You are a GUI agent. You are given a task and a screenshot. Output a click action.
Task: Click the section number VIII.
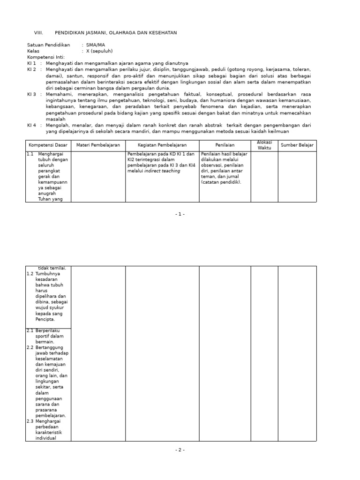tap(38, 33)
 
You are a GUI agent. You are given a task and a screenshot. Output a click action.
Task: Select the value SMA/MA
tap(96, 45)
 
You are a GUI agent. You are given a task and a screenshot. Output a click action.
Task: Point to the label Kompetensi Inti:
tap(46, 57)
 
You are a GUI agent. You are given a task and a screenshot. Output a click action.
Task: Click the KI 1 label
tap(32, 63)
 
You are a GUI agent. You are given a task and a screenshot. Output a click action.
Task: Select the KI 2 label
tap(32, 69)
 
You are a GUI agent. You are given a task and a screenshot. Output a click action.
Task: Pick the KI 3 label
tap(32, 94)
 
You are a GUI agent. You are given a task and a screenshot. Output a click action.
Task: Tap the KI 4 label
tap(32, 125)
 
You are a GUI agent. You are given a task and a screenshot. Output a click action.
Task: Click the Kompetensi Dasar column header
tap(48, 145)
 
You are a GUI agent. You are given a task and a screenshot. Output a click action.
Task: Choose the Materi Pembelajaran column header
tap(98, 145)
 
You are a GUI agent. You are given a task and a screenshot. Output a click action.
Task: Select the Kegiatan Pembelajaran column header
tap(162, 145)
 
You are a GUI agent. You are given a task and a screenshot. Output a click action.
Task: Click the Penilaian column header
tap(225, 145)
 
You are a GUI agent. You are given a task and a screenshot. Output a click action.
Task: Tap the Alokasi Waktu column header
tap(264, 145)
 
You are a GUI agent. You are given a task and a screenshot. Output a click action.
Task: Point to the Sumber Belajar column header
tap(297, 145)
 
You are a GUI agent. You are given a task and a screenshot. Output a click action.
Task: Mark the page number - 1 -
tap(180, 214)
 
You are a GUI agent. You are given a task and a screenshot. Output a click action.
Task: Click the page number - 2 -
tap(180, 450)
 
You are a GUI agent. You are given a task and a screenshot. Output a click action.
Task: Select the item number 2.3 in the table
tap(30, 421)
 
